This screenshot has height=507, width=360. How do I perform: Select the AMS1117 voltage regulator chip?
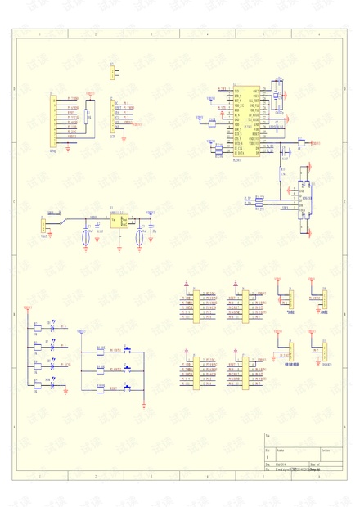(118, 221)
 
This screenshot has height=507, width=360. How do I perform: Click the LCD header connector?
(112, 119)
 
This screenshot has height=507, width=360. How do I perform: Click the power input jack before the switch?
(43, 226)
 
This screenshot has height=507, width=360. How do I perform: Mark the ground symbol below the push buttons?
(143, 403)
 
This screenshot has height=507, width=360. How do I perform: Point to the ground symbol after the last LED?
(67, 394)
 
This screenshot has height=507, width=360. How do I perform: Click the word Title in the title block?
(269, 437)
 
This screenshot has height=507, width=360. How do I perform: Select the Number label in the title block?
(281, 450)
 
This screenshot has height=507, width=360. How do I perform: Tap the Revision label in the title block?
(326, 450)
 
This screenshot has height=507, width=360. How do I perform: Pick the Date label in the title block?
(268, 464)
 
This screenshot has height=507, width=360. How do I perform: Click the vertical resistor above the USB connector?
(281, 172)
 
